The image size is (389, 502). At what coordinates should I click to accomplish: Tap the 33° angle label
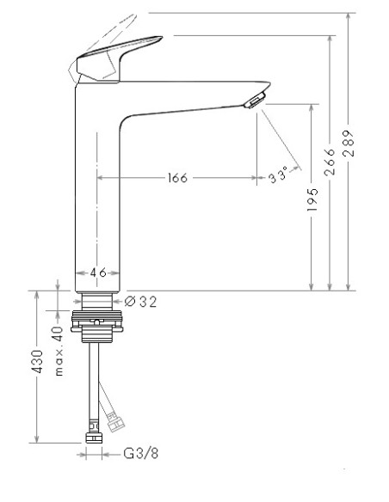[278, 176]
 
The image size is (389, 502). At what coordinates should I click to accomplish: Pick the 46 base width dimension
[98, 272]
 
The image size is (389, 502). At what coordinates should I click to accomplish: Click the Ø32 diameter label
[140, 301]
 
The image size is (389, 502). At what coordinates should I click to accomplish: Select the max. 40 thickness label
[59, 351]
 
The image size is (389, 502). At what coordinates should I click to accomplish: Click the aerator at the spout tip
[254, 101]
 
